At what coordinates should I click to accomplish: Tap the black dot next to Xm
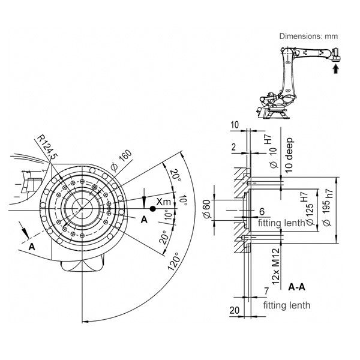(152, 208)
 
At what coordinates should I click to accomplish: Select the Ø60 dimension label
(208, 211)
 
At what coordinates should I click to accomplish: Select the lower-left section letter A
(31, 246)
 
